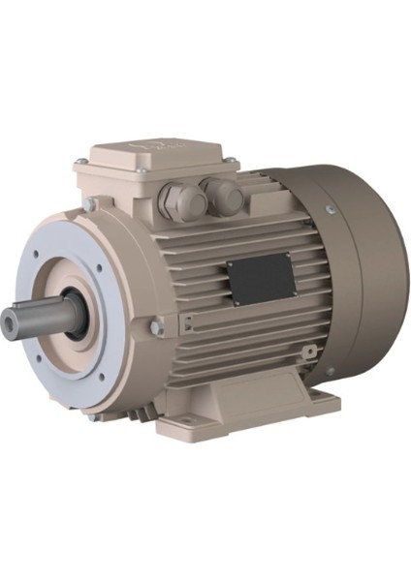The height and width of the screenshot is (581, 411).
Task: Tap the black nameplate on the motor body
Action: click(261, 278)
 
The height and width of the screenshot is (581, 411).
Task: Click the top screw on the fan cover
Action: click(332, 209)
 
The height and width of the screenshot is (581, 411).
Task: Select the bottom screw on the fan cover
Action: click(331, 371)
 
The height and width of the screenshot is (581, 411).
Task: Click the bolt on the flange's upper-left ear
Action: click(89, 204)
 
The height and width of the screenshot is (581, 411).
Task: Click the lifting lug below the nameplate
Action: click(309, 351)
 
